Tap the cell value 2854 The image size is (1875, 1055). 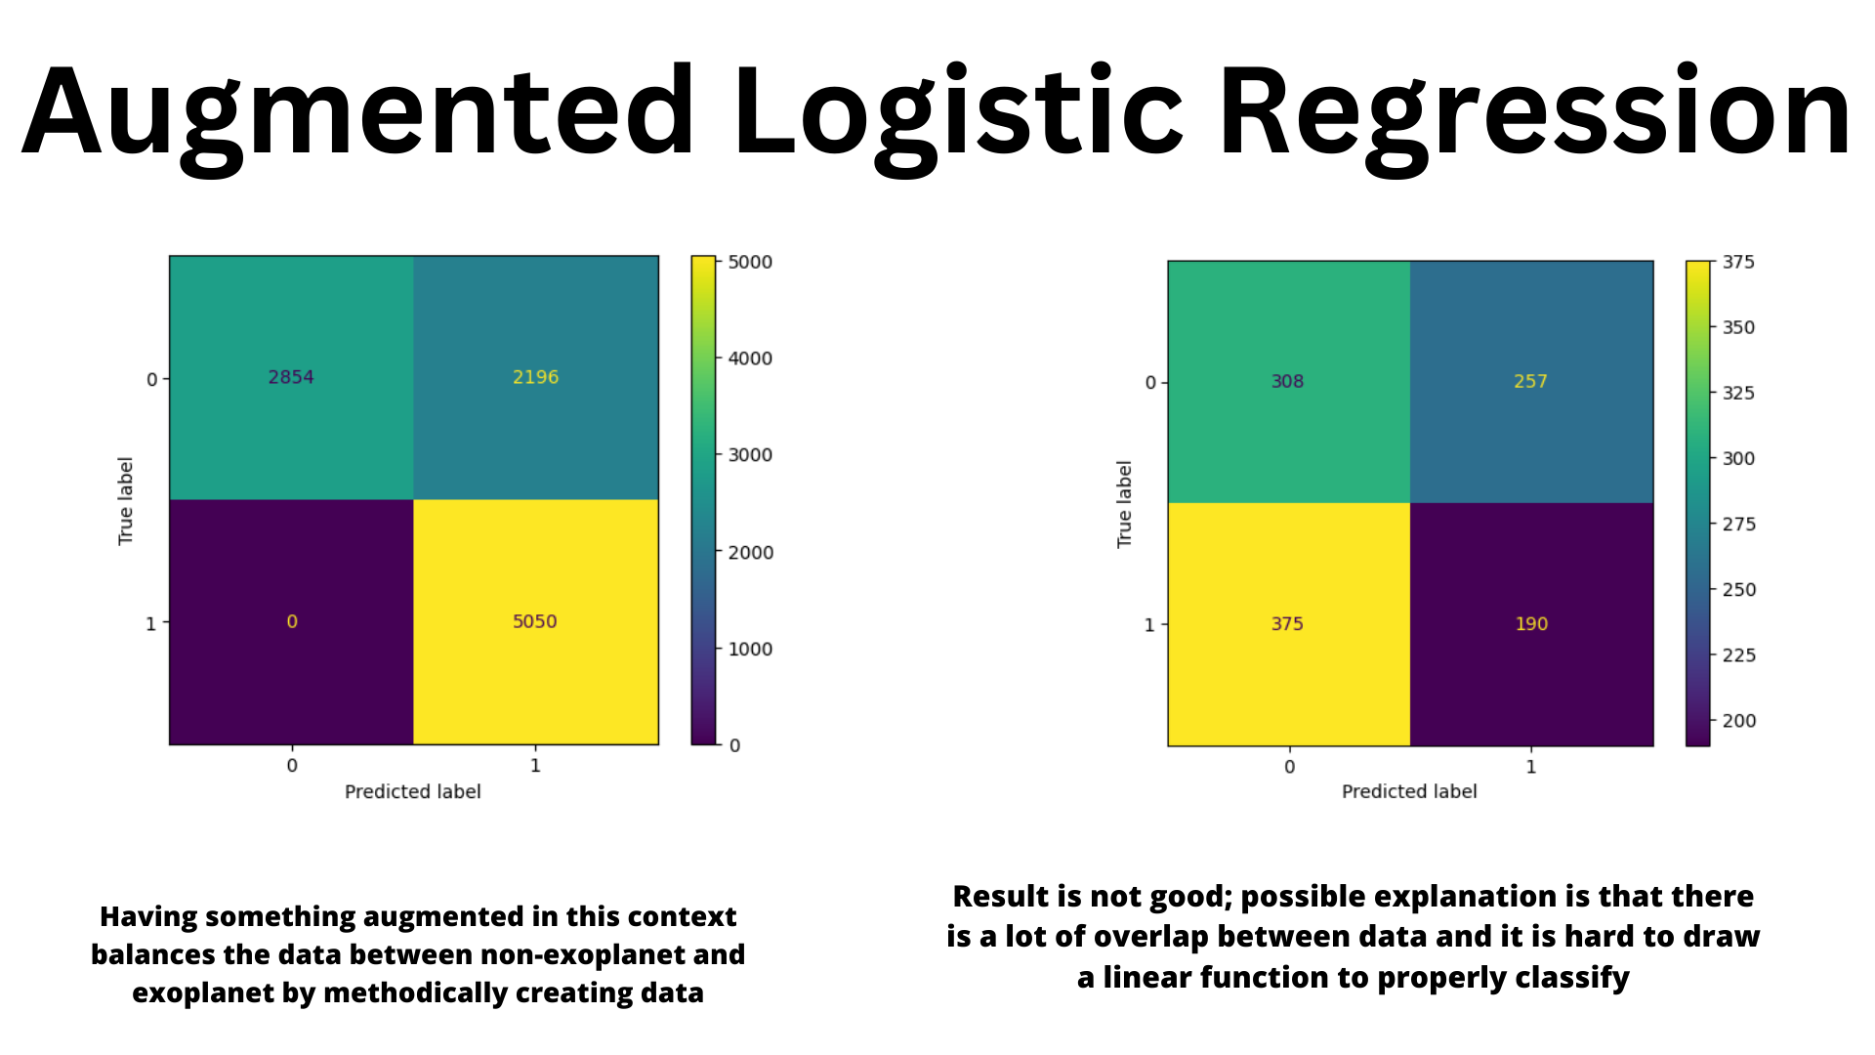(x=291, y=377)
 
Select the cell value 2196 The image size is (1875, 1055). (x=535, y=377)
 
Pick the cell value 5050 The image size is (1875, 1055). (x=535, y=621)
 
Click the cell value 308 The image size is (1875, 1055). (x=1287, y=381)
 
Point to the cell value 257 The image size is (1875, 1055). (x=1530, y=381)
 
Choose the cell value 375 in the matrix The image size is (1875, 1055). (x=1287, y=623)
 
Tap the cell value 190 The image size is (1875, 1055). (x=1531, y=623)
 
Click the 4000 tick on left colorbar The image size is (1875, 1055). (x=750, y=359)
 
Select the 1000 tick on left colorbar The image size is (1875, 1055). (x=750, y=649)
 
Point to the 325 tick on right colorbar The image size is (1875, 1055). (x=1738, y=393)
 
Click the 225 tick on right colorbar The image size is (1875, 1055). (x=1738, y=654)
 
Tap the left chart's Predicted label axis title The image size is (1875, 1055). (x=413, y=791)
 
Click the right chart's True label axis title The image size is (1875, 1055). (x=1124, y=504)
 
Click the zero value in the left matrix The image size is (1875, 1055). (x=291, y=621)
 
